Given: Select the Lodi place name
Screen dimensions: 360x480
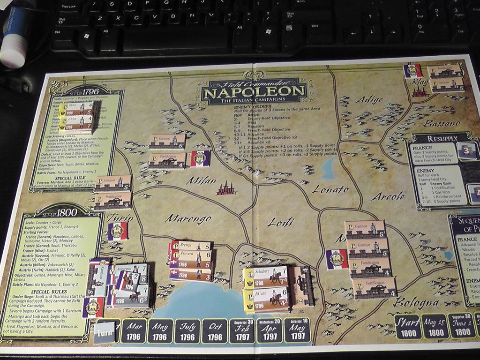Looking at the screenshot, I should point(280,222).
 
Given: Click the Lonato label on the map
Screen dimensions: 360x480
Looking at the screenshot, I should point(330,189).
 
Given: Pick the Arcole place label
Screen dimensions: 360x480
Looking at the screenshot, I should point(388,196).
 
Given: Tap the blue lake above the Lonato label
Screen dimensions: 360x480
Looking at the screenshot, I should point(328,168).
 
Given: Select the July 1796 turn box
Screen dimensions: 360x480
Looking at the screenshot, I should point(187,332).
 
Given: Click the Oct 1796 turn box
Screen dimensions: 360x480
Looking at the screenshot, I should point(215,332).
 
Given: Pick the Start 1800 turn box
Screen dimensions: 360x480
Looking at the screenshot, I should point(407,326).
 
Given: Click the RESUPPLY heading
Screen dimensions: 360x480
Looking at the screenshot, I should point(442,139).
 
